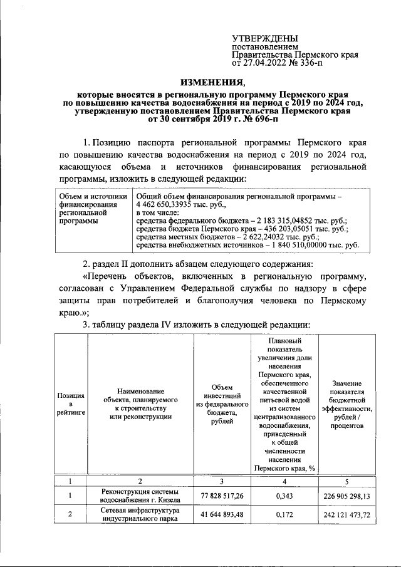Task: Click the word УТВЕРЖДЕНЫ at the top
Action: coord(265,39)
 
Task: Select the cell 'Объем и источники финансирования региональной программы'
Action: coord(88,209)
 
